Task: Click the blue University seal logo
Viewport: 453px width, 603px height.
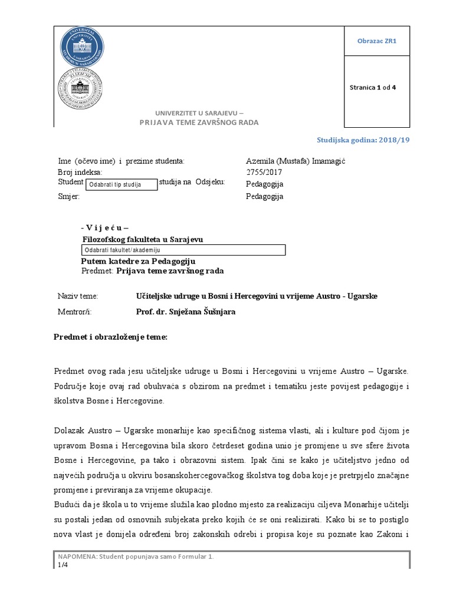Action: click(x=82, y=47)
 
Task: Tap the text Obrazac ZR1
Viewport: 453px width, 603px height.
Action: click(x=377, y=41)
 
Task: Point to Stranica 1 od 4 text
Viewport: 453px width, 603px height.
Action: click(x=373, y=88)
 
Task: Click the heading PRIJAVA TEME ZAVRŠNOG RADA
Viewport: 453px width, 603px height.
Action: click(x=199, y=122)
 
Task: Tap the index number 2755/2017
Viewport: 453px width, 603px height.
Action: click(x=264, y=173)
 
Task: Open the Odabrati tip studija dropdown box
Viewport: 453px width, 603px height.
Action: click(x=122, y=185)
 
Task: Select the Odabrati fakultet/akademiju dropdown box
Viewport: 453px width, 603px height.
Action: click(x=182, y=250)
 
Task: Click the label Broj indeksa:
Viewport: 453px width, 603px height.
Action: click(x=80, y=173)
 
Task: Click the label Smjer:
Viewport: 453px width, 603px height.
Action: click(x=68, y=197)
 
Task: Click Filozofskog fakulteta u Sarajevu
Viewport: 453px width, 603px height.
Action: click(x=142, y=239)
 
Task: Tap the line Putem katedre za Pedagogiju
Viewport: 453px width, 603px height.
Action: click(x=137, y=261)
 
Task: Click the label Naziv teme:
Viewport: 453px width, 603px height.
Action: click(x=78, y=296)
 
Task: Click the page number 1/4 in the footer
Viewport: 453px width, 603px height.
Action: click(x=63, y=565)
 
